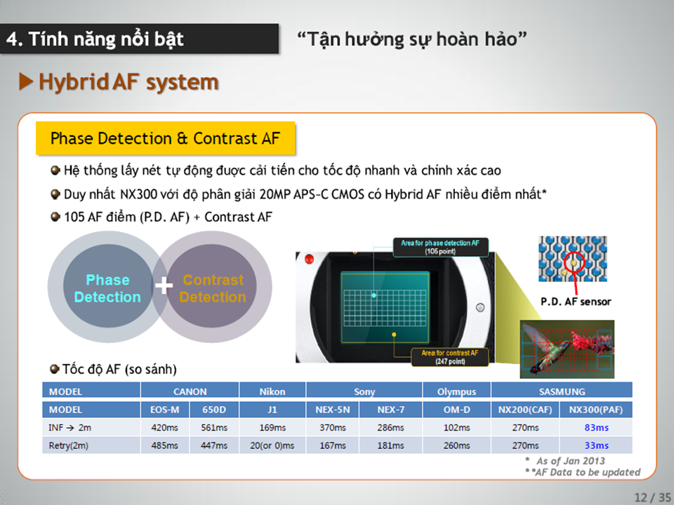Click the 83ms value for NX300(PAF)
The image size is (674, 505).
pos(596,428)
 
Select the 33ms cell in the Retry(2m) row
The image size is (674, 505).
pos(596,446)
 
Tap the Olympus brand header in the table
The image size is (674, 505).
pos(456,391)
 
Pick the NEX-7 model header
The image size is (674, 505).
pos(391,410)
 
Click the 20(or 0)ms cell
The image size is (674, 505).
pos(272,446)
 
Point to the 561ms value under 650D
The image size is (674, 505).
pos(214,428)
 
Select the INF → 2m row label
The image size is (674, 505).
pos(70,428)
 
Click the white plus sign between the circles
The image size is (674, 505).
pos(164,285)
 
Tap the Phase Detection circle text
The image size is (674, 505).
pos(107,288)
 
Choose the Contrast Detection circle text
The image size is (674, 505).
pos(213,288)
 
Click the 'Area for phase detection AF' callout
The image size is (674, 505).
pos(440,247)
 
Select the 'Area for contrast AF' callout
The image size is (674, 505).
pos(449,357)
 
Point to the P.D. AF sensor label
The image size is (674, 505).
pos(576,302)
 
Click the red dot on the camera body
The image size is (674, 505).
pos(309,259)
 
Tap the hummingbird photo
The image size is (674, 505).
pos(567,349)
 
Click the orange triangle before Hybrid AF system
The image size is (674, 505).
pos(26,81)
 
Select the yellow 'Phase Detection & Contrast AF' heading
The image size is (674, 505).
pos(166,138)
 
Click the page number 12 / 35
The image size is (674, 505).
pos(652,497)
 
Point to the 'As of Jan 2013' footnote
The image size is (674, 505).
pos(570,461)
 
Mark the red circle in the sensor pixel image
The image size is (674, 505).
pos(574,262)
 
